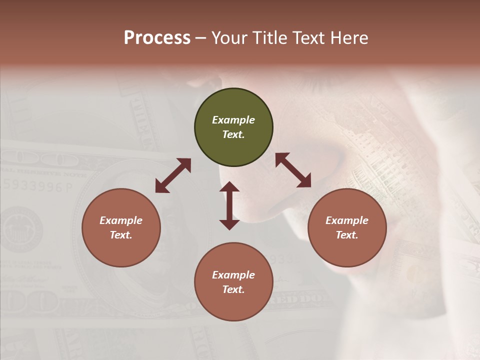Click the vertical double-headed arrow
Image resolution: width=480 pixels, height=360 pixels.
pos(229,205)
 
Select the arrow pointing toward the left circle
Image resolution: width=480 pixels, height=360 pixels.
pos(173,175)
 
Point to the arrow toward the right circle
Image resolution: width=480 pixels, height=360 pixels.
pos(293,170)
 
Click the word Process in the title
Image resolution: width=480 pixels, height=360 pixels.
pos(157,38)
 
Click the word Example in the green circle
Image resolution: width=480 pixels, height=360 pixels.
pos(233,120)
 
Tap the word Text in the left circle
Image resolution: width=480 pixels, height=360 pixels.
pos(121,235)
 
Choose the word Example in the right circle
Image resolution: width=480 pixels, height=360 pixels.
pos(347,220)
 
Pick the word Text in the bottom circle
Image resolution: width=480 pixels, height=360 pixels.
pos(233,289)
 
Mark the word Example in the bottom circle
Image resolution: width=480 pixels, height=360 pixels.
pos(233,275)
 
